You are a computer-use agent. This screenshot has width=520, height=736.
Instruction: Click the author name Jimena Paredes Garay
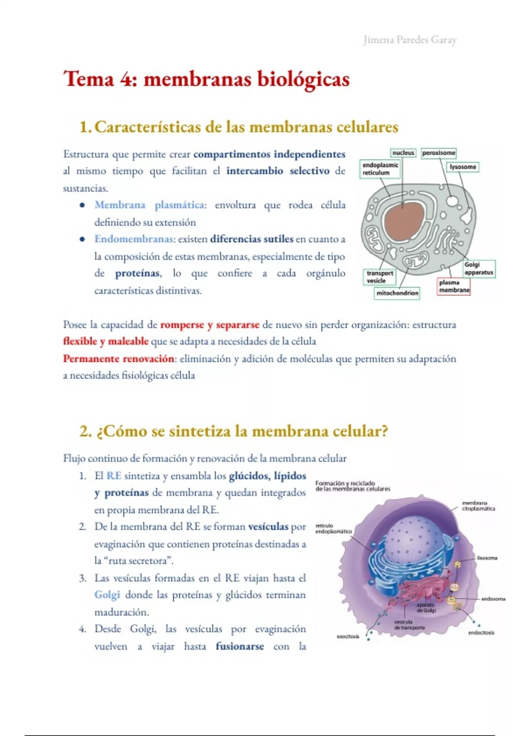click(409, 40)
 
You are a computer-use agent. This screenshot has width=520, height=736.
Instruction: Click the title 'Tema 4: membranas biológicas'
click(206, 80)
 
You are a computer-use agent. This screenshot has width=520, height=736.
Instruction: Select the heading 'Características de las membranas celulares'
click(246, 127)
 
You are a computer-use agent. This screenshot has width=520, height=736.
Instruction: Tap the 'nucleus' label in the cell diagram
click(403, 153)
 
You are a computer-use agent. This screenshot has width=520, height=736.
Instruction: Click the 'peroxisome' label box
click(439, 153)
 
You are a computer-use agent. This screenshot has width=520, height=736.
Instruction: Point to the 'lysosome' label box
click(463, 167)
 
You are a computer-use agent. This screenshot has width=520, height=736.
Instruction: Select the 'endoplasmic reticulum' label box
click(380, 169)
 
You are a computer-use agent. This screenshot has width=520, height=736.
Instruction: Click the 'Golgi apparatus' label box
click(478, 268)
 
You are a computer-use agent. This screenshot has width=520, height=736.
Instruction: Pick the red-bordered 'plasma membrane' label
click(454, 286)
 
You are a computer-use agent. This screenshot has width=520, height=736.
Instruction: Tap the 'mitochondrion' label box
click(397, 293)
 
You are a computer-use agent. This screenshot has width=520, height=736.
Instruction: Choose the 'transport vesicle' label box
click(380, 277)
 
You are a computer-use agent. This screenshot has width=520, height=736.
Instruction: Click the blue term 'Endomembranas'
click(133, 239)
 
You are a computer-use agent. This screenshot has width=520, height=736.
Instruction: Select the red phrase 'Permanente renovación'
click(118, 358)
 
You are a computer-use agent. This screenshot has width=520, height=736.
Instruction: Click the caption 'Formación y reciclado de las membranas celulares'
click(352, 486)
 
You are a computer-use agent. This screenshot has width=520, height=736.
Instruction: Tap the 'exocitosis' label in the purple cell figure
click(348, 636)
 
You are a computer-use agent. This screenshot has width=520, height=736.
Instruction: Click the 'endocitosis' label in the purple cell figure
click(481, 633)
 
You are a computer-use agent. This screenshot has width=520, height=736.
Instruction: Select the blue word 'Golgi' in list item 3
click(107, 595)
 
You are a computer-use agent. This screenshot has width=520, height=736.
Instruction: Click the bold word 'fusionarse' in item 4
click(240, 646)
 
